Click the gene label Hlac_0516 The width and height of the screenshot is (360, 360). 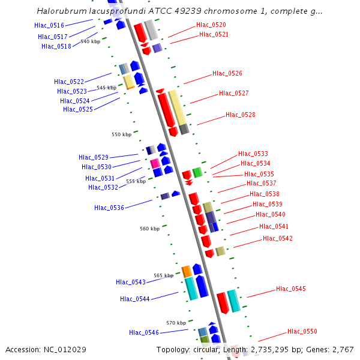tap(49, 26)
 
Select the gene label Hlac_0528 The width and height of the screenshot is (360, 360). tap(240, 115)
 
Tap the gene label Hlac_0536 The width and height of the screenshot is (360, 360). tap(109, 208)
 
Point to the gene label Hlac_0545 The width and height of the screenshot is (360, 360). tap(290, 289)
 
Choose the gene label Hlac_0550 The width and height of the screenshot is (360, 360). tap(302, 332)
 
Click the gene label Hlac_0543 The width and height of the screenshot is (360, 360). tap(130, 283)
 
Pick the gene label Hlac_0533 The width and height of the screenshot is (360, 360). tap(253, 154)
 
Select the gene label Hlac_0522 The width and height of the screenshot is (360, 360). tap(68, 82)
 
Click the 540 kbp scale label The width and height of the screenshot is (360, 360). tap(91, 42)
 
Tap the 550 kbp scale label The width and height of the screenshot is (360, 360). tap(121, 135)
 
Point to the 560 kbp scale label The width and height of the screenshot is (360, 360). tap(150, 229)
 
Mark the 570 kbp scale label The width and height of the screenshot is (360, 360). tap(176, 323)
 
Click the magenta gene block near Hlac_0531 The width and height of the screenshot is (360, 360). tap(155, 163)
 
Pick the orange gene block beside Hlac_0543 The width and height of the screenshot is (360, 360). tap(187, 271)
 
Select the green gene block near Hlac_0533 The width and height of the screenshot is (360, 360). tap(197, 173)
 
